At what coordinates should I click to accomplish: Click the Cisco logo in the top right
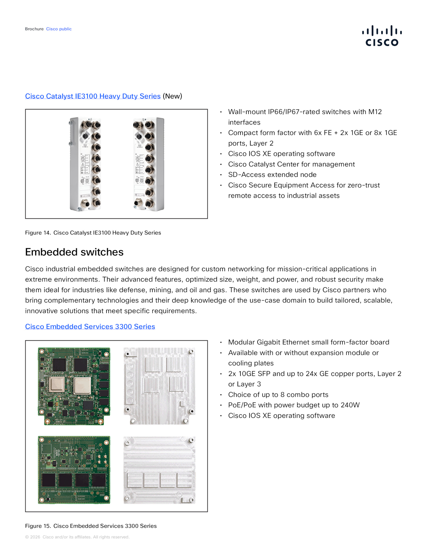coord(382,36)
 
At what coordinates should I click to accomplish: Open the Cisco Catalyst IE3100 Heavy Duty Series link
coord(93,96)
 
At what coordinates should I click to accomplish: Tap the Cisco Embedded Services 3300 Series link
coord(90,327)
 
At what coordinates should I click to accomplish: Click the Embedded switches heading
coord(74,252)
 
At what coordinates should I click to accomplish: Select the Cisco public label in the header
coord(59,29)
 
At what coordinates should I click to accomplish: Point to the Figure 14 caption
coord(93,233)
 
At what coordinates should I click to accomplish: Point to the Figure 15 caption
coord(91,526)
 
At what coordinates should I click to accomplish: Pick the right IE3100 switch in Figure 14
coord(149,164)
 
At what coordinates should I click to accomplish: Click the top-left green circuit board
coord(74,386)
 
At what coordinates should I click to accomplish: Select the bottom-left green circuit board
coord(74,470)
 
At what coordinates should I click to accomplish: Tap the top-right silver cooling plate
coord(159,386)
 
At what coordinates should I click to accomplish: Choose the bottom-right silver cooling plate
coord(159,470)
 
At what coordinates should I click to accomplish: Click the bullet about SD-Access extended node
coord(272,175)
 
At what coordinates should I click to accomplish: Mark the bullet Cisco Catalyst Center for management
coord(291,164)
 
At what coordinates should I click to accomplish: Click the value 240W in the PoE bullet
coord(350,405)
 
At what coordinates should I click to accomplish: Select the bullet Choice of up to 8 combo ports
coord(278,395)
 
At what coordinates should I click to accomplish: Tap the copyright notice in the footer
coord(77,537)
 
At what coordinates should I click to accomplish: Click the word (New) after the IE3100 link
coord(172,96)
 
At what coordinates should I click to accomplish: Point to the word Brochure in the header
coord(34,29)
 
